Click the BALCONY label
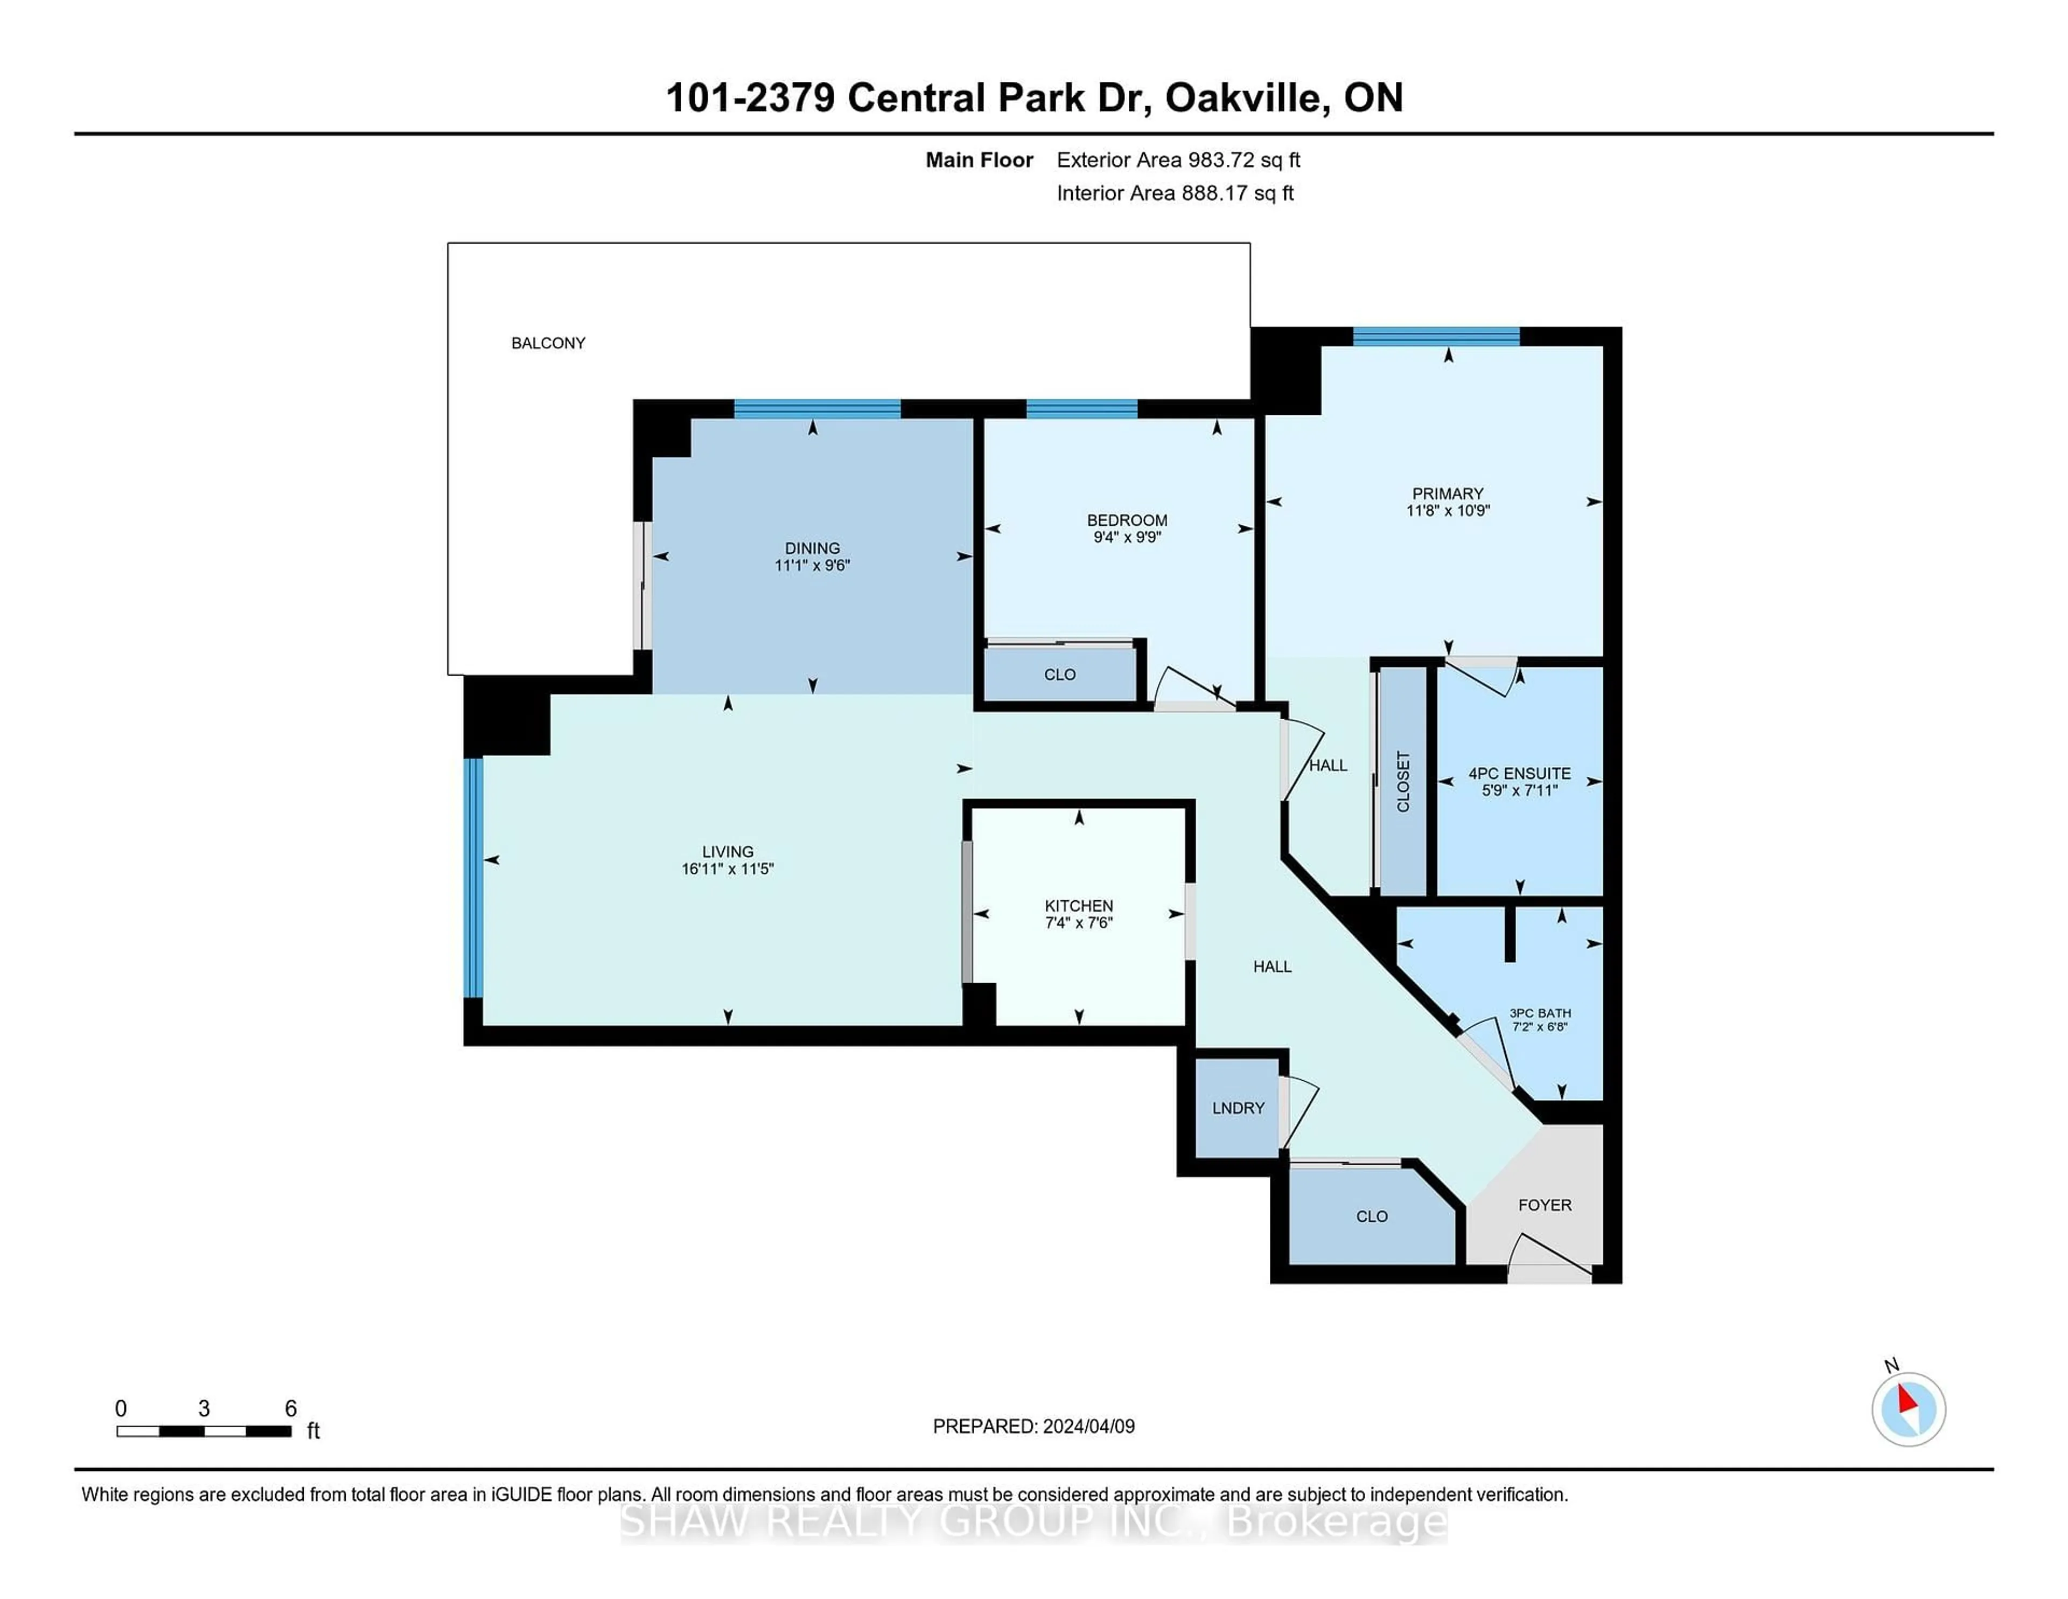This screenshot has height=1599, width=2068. (x=548, y=343)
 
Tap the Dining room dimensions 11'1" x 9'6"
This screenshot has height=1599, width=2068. (x=813, y=566)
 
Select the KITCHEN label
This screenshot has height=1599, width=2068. (x=1079, y=906)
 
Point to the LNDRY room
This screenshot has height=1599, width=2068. (x=1238, y=1107)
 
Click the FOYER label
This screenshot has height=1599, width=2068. (x=1545, y=1205)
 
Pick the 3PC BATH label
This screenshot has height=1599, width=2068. (x=1540, y=1013)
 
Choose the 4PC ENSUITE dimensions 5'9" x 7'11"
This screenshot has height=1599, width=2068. (x=1519, y=790)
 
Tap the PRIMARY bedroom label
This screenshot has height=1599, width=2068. (x=1447, y=493)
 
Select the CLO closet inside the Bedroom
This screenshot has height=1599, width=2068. (x=1059, y=675)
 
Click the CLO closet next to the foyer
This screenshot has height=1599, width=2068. (x=1371, y=1216)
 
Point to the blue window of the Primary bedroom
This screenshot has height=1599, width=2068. (x=1435, y=336)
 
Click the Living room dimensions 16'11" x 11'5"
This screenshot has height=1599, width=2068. (x=727, y=868)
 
